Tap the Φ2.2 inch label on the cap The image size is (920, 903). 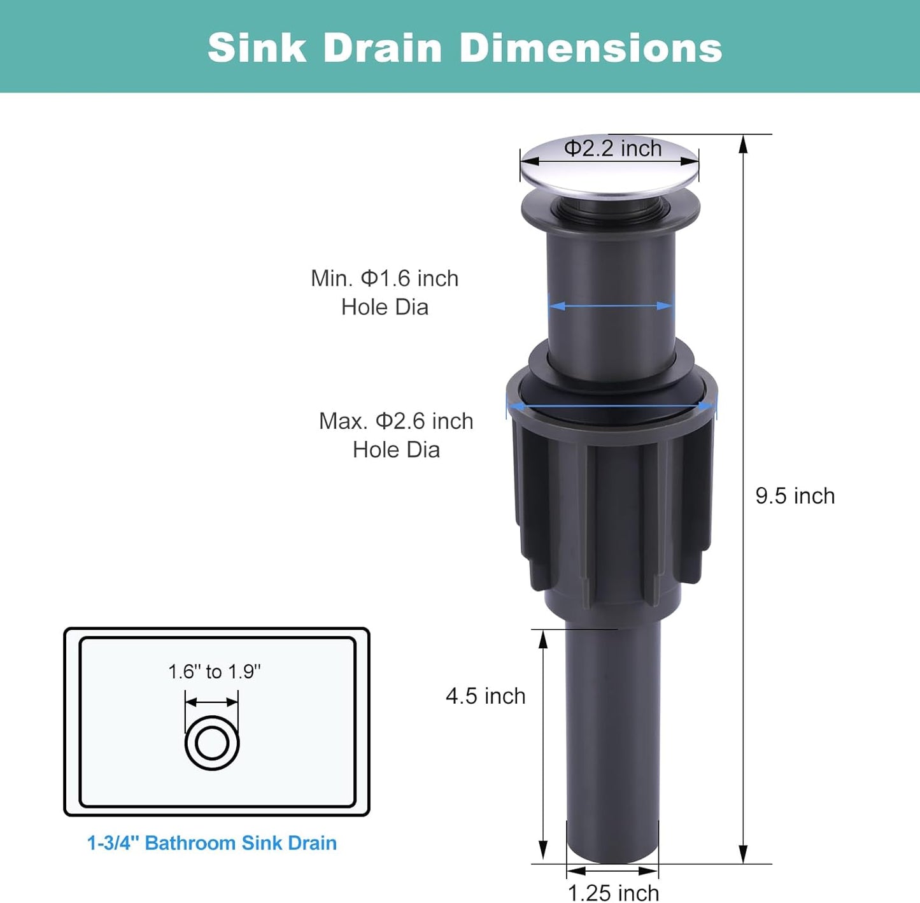[x=612, y=148]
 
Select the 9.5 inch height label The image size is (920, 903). [x=795, y=496]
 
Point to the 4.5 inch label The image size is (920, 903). [x=485, y=696]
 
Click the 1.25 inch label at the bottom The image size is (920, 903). [x=612, y=892]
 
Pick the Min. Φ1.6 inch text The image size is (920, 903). [x=385, y=279]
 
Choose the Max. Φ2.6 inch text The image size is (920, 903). [x=396, y=421]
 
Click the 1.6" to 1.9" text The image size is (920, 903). [x=215, y=672]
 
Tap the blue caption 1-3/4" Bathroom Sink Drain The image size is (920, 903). [x=212, y=843]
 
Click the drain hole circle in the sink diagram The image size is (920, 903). [x=212, y=743]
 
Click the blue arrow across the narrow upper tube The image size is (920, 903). [x=611, y=306]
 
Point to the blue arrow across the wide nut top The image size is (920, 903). [x=611, y=406]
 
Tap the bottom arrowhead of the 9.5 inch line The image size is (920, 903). [x=742, y=855]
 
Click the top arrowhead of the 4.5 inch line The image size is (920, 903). [x=543, y=639]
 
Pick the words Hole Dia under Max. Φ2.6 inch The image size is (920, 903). [x=396, y=450]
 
